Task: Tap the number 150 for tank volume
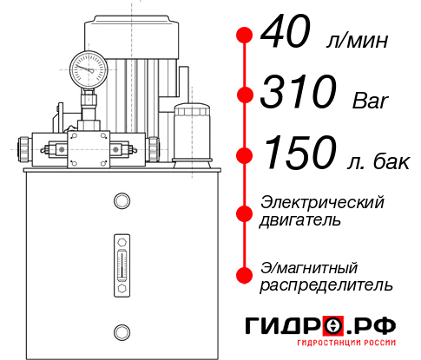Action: pyautogui.click(x=299, y=154)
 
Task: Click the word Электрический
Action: pyautogui.click(x=322, y=202)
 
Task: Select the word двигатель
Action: pyautogui.click(x=301, y=220)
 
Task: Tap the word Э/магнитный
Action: pyautogui.click(x=310, y=266)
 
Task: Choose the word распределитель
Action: pyautogui.click(x=326, y=285)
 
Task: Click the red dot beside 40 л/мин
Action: pyautogui.click(x=246, y=36)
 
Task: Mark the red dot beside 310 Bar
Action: pyautogui.click(x=246, y=94)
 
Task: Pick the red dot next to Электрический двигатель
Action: pyautogui.click(x=246, y=211)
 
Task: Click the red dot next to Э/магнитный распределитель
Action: pyautogui.click(x=246, y=275)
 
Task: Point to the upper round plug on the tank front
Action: pyautogui.click(x=121, y=201)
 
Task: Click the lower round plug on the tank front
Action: pyautogui.click(x=121, y=331)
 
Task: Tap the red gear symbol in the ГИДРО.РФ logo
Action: pyautogui.click(x=334, y=325)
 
